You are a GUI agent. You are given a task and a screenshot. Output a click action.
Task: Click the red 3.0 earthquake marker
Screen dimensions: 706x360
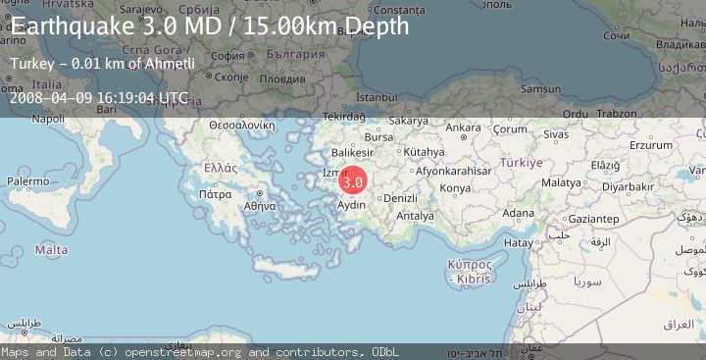click(x=353, y=181)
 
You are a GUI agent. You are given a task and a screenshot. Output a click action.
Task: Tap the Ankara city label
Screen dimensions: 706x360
click(x=463, y=128)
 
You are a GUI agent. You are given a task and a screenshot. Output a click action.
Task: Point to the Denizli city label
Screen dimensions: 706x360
click(x=401, y=198)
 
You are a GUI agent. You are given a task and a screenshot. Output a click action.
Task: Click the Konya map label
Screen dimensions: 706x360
click(x=455, y=187)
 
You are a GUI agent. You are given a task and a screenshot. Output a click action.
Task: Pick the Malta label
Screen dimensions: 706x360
click(x=51, y=250)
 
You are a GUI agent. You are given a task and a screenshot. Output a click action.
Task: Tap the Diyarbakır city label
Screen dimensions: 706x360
click(x=628, y=185)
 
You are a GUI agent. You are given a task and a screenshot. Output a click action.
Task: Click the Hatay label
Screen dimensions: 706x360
click(x=517, y=241)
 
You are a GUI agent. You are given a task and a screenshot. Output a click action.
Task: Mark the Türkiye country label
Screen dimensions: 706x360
click(x=521, y=162)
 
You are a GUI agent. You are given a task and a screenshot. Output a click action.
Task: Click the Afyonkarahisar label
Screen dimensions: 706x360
click(x=452, y=170)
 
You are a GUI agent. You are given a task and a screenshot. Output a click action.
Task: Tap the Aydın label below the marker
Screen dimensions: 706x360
click(x=352, y=205)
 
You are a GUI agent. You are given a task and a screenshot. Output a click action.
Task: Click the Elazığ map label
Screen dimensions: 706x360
click(x=605, y=165)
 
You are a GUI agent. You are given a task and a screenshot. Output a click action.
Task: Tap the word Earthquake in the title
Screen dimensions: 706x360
click(x=71, y=26)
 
